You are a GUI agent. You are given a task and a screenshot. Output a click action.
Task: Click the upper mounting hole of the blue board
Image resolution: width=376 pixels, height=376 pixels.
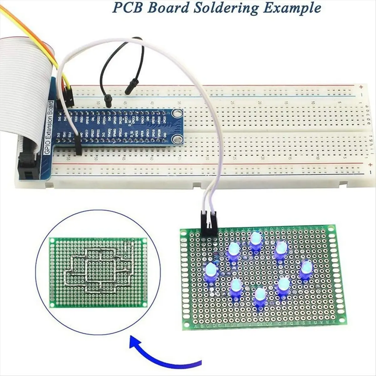pos(178,112)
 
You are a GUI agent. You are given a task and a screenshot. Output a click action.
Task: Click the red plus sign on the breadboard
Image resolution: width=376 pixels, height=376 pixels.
pos(361,87)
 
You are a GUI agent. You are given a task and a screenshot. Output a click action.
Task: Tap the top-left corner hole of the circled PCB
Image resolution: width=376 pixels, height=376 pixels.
pos(52,240)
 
